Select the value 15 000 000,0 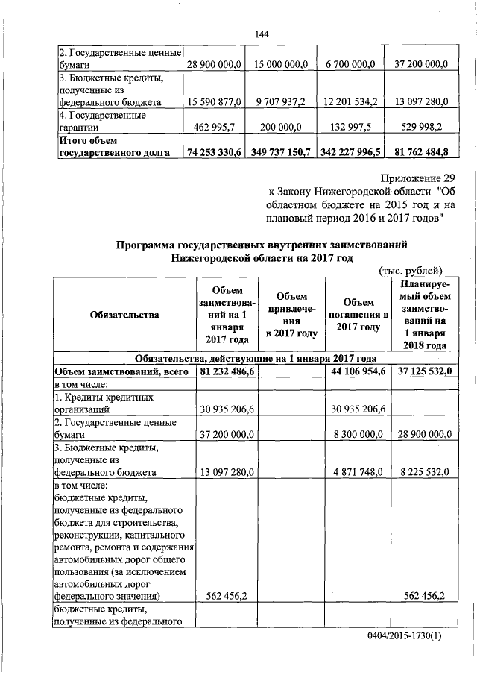coord(278,66)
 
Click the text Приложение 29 coord(408,178)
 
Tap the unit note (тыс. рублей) coord(411,270)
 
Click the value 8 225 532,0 coord(422,472)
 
